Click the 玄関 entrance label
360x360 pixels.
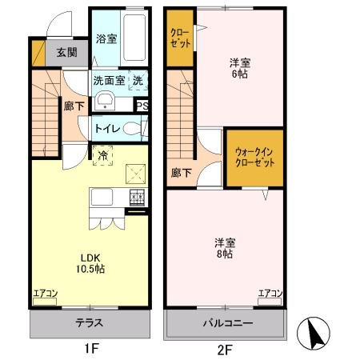[66, 53]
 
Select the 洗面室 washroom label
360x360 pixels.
[109, 81]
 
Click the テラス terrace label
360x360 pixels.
[90, 323]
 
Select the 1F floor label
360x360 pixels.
[90, 349]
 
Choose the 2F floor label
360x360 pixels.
[224, 349]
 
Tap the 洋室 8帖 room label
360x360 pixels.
[222, 247]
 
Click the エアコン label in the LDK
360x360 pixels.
[44, 294]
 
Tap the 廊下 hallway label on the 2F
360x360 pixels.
[181, 171]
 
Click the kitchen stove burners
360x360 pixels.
[137, 197]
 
